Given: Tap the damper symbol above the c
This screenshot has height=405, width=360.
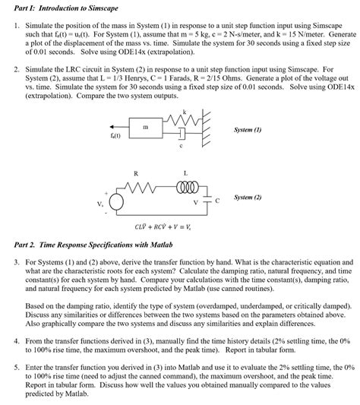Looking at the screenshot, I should coord(180,134).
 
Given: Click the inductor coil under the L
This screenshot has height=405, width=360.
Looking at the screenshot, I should coord(186,186).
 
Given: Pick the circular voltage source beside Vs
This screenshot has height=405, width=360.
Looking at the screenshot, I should coord(117,202).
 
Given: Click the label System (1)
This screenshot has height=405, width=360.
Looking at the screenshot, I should coord(248,130).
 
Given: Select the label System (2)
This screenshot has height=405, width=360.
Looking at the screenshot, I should coord(248,197).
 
